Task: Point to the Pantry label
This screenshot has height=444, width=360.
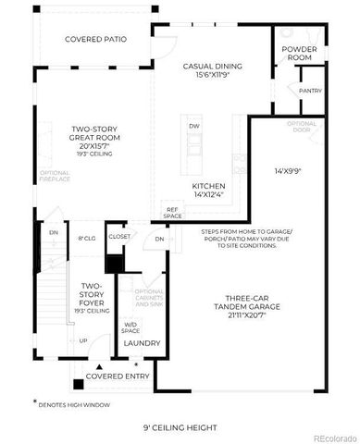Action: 310,91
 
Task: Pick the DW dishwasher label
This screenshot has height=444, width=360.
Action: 194,126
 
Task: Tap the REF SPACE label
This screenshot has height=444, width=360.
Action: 172,213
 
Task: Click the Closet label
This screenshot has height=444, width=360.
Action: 119,237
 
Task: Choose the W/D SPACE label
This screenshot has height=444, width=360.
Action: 130,327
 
